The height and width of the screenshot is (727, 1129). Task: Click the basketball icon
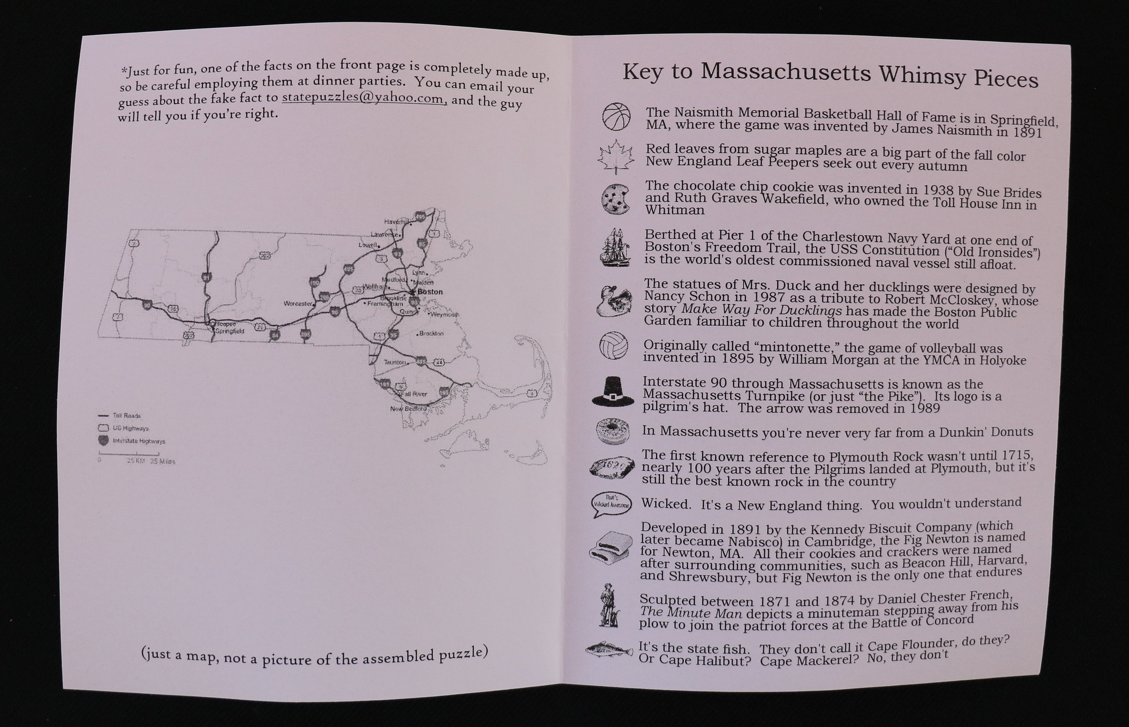coord(616,116)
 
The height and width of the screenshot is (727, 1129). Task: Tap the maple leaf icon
coord(615,158)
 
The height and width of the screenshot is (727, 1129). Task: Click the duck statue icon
coord(614,301)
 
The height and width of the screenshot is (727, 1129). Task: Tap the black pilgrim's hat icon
coord(612,392)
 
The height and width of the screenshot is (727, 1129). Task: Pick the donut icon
coord(612,431)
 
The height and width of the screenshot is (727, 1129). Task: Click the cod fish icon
coord(609,651)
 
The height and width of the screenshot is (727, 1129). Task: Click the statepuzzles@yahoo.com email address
coord(364,98)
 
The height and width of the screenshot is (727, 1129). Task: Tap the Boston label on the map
coord(430,292)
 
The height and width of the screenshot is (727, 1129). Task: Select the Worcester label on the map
coord(298,304)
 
